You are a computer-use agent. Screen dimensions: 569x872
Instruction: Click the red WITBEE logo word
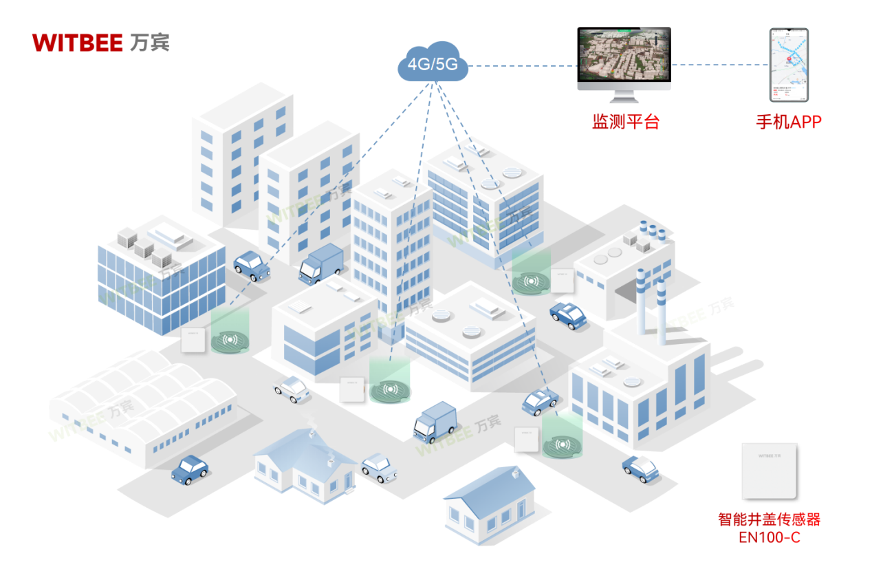[77, 43]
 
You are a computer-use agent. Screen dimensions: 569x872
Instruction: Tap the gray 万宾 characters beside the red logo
[149, 43]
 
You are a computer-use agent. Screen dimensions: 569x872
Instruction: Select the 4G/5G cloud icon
[433, 65]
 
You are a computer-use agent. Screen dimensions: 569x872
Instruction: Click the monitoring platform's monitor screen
[624, 54]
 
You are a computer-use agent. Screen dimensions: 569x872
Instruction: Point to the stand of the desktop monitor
[624, 95]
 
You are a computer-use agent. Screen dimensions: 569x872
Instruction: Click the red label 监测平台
[626, 122]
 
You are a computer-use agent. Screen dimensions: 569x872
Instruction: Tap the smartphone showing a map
[789, 65]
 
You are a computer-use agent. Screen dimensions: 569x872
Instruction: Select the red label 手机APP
[789, 122]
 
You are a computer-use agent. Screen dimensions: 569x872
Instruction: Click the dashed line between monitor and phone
[719, 65]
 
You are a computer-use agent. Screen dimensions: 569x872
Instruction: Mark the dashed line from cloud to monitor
[523, 66]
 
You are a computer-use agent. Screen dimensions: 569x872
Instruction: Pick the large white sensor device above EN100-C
[770, 471]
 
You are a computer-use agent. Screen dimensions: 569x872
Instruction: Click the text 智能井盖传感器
[769, 519]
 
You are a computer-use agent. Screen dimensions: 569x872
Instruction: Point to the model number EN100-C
[769, 537]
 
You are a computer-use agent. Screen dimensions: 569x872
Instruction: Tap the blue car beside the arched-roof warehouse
[190, 469]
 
